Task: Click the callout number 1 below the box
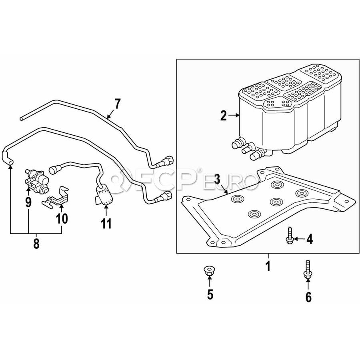pyautogui.click(x=268, y=266)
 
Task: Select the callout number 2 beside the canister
pyautogui.click(x=224, y=116)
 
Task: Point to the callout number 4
pyautogui.click(x=310, y=239)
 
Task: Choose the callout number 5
pyautogui.click(x=210, y=294)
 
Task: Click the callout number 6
pyautogui.click(x=308, y=297)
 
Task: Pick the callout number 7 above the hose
pyautogui.click(x=117, y=104)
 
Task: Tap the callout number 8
pyautogui.click(x=36, y=244)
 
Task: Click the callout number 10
pyautogui.click(x=62, y=218)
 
